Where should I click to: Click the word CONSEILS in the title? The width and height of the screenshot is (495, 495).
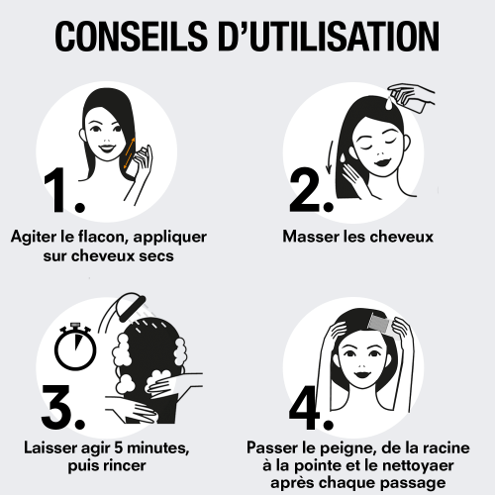point(132,36)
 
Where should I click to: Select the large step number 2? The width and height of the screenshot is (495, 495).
point(311,190)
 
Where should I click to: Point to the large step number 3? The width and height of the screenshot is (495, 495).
point(62,407)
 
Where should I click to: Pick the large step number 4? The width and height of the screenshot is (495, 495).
point(311,407)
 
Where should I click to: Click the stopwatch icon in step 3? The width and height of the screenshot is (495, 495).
point(75,346)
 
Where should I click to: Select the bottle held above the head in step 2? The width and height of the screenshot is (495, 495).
point(409,99)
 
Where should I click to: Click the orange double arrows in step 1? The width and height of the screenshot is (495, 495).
point(130,152)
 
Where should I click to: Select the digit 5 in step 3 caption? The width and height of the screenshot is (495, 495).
point(119,447)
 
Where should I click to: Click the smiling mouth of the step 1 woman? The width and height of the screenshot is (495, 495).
point(108,148)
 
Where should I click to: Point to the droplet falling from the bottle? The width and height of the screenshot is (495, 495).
point(390,104)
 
